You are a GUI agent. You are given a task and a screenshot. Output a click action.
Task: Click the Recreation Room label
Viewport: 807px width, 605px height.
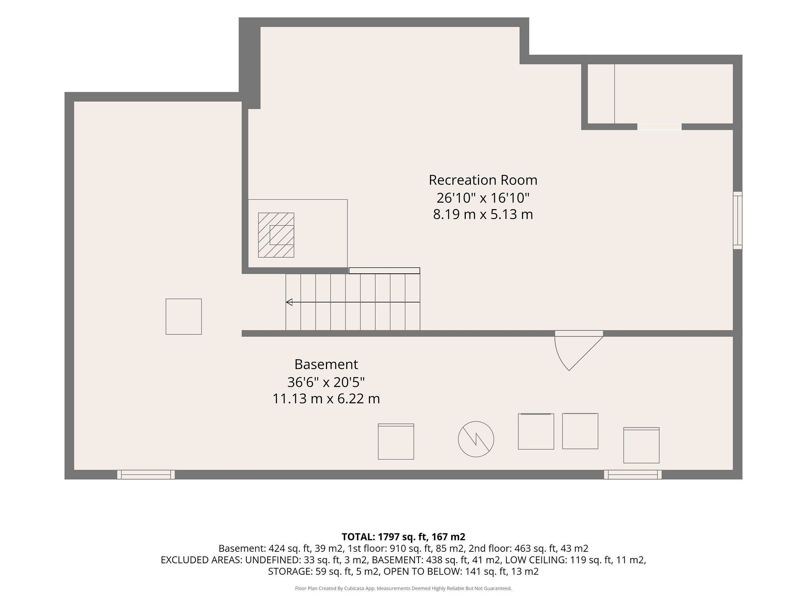[x=483, y=180]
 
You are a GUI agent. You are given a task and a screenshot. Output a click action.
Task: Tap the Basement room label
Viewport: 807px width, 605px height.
[x=326, y=364]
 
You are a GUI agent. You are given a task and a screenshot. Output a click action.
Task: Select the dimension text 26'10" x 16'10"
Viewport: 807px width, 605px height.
[x=483, y=197]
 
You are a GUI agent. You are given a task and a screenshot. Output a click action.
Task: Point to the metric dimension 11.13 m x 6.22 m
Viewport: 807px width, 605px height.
[x=326, y=399]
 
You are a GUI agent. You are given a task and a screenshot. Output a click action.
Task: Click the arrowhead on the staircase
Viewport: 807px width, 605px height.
[x=289, y=302]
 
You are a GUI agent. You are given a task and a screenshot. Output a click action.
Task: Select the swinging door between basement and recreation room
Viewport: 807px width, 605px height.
[x=578, y=351]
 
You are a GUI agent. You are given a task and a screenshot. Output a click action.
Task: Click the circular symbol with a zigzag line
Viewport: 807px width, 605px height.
[x=476, y=439]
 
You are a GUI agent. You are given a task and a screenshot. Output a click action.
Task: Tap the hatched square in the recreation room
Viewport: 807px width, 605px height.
[x=276, y=235]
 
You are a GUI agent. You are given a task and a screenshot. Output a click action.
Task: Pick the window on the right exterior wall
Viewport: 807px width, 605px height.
[x=737, y=220]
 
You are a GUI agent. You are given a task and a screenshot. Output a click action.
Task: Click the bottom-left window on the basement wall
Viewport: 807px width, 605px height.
[x=146, y=474]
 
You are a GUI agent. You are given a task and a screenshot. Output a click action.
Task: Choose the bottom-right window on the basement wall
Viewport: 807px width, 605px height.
[x=633, y=474]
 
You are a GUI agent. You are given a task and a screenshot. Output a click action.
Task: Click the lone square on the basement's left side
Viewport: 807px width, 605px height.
[x=184, y=317]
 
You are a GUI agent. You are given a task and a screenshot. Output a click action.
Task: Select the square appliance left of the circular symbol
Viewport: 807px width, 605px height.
[x=396, y=442]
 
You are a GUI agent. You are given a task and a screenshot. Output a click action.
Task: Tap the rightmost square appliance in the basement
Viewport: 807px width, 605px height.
[x=642, y=445]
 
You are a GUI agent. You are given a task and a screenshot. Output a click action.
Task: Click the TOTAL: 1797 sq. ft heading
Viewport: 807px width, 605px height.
[x=403, y=536]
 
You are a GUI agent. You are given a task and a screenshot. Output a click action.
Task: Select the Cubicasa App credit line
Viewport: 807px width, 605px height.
[x=403, y=588]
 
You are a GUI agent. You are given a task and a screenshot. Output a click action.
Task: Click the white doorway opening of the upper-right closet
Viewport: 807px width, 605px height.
[x=660, y=127]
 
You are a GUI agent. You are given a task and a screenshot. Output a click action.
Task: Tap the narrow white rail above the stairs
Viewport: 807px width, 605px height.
[x=384, y=271]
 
